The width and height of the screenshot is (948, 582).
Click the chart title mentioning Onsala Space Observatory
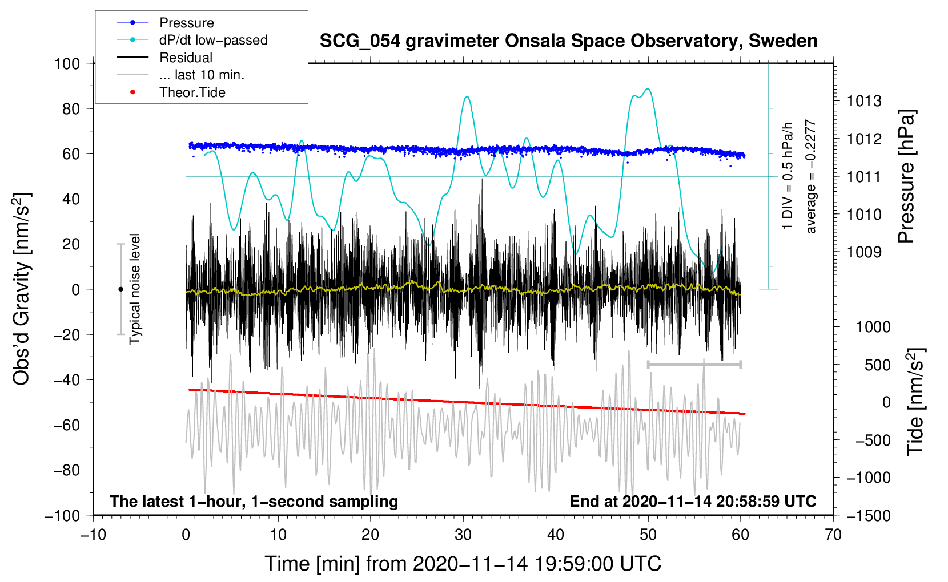coord(568,41)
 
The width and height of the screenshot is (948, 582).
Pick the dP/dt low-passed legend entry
coord(213,40)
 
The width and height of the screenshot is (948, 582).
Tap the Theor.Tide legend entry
coord(192,92)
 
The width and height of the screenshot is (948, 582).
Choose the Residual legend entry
coord(186,58)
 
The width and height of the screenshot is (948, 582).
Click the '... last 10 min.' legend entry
coord(202,75)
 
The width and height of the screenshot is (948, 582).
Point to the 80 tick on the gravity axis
coord(71,108)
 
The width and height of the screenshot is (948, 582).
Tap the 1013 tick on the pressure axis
coord(864,102)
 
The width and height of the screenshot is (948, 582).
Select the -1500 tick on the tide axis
coord(868,515)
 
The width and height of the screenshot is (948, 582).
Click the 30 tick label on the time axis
coord(463,535)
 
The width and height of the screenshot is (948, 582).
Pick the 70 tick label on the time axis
coord(833,535)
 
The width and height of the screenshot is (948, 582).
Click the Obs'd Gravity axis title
coord(22,289)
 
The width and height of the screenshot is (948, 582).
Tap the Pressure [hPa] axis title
coord(906,177)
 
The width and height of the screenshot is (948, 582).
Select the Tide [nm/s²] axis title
coord(915,402)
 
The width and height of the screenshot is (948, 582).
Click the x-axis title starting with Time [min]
coord(463,564)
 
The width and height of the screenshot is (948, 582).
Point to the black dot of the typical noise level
coord(120,289)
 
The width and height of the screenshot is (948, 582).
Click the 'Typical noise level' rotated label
coord(135,289)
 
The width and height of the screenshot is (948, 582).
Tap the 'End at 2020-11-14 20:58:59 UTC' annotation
coord(693,501)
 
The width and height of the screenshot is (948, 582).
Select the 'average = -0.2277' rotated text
coord(811,177)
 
